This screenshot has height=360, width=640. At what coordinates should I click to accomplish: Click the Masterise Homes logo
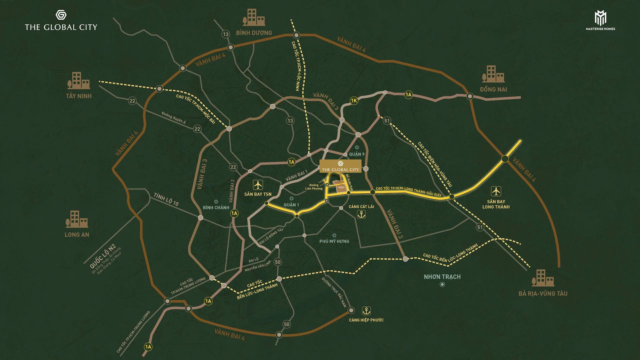click(x=600, y=20)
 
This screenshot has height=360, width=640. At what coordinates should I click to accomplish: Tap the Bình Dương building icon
click(x=254, y=18)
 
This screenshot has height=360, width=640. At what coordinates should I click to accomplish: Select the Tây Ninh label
click(x=79, y=96)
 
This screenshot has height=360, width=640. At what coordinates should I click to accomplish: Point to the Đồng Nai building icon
click(x=493, y=74)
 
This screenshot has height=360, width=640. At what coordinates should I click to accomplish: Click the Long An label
click(x=77, y=235)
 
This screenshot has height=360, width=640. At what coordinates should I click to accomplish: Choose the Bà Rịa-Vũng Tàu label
click(x=543, y=294)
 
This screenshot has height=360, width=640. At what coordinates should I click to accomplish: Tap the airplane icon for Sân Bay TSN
click(x=258, y=184)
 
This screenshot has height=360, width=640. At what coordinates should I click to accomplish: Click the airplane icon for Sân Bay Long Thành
click(x=496, y=191)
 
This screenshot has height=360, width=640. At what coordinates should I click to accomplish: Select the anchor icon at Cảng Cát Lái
click(x=361, y=215)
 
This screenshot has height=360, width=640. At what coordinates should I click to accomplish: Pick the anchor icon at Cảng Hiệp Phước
click(x=366, y=311)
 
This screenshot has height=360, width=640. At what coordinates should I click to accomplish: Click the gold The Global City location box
click(x=340, y=166)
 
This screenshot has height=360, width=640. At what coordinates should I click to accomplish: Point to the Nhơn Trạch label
click(x=442, y=277)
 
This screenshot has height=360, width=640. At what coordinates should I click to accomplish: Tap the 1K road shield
click(x=354, y=101)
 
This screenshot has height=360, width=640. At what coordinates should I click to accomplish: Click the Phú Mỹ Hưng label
click(x=334, y=241)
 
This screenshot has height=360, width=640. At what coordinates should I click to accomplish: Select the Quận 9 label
click(x=357, y=154)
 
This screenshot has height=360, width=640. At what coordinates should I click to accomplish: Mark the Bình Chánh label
click(x=216, y=208)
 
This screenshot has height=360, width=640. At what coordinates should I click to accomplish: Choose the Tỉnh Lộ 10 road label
click(x=166, y=199)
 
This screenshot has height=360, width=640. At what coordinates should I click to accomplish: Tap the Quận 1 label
click(x=291, y=205)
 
